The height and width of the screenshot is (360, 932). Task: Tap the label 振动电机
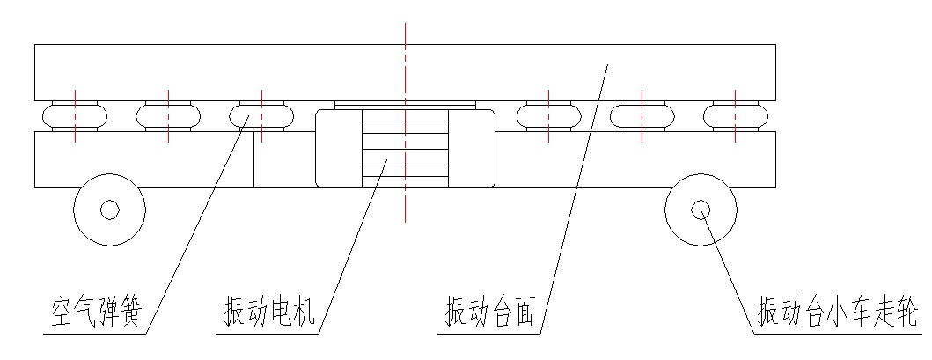click(269, 312)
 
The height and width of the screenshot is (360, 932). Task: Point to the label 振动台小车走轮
click(837, 312)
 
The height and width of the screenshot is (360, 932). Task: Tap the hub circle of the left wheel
click(109, 209)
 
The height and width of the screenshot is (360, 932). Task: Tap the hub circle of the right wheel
click(701, 209)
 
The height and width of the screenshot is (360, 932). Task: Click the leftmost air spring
click(75, 115)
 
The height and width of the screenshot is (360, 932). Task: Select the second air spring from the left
click(168, 115)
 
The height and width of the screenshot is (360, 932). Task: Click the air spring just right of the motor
click(547, 115)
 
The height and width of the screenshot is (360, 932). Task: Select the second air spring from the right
click(642, 115)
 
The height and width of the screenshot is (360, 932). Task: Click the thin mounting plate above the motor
click(405, 104)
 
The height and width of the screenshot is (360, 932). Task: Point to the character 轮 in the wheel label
click(907, 312)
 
